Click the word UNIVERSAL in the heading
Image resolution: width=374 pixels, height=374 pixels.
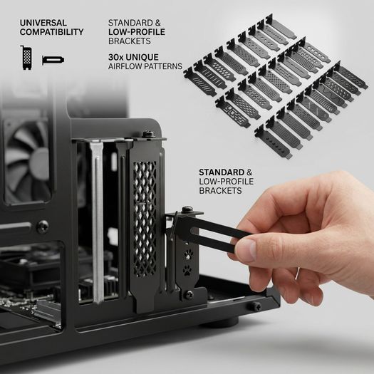point(43,23)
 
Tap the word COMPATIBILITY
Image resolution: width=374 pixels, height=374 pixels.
point(52,32)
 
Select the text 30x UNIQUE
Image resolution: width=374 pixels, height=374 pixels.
point(133,57)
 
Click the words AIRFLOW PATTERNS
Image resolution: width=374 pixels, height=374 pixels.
point(145,66)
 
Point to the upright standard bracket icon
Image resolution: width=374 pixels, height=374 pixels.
point(26,58)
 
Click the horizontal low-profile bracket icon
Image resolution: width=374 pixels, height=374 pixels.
point(53,60)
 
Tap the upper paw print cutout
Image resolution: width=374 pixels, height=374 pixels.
point(189,254)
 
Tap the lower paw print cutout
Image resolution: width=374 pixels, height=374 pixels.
point(187,270)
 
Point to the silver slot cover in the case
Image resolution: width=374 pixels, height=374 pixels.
point(98,222)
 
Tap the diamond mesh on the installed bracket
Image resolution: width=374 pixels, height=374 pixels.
point(145,219)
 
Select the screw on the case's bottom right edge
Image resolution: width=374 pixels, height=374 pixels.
point(257,306)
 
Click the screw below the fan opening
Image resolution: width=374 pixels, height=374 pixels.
point(43,227)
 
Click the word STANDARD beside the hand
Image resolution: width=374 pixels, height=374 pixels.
point(222,172)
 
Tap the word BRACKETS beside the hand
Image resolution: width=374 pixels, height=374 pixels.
point(220,191)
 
